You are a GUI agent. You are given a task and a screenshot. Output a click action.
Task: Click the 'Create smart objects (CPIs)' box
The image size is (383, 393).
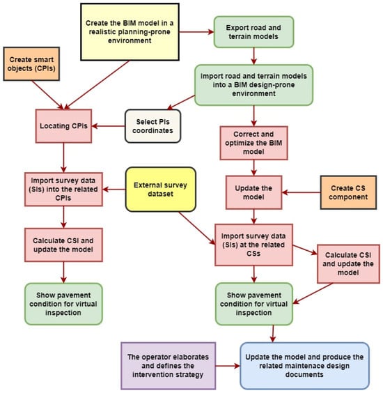click(x=31, y=64)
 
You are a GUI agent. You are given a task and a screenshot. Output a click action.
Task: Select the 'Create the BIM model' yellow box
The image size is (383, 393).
click(x=130, y=32)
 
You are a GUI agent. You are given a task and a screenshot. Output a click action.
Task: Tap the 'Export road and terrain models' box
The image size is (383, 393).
click(x=253, y=32)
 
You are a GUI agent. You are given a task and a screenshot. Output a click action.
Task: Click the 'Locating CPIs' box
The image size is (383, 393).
click(x=63, y=126)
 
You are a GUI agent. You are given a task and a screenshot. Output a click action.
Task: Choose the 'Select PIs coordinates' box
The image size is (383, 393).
click(x=153, y=126)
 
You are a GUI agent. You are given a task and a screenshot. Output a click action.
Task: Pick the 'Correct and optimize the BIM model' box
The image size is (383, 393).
click(x=253, y=143)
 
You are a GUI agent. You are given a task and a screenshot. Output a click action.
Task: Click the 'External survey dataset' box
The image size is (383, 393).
click(x=161, y=190)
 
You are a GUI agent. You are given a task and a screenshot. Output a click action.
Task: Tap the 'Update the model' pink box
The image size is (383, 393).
click(x=253, y=192)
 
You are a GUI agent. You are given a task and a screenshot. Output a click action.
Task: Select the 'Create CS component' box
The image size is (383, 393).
click(x=348, y=192)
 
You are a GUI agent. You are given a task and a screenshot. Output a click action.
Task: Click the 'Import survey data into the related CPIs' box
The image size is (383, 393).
click(x=63, y=190)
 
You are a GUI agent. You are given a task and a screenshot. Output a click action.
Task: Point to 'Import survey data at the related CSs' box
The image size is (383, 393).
click(x=253, y=245)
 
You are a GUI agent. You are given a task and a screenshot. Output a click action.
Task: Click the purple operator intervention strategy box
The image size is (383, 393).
click(x=168, y=366)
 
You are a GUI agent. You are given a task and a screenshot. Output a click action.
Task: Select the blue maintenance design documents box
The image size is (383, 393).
click(x=304, y=366)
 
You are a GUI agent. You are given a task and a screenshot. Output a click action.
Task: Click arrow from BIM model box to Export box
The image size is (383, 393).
click(x=196, y=32)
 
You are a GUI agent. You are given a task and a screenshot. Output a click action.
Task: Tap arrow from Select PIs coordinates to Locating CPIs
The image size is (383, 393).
click(x=108, y=126)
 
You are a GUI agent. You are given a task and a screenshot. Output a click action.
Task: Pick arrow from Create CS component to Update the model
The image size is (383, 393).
click(x=301, y=192)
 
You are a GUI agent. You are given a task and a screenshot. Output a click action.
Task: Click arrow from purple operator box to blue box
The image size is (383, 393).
click(x=228, y=366)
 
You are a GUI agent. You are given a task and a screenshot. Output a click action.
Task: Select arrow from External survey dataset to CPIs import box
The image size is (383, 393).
click(x=114, y=190)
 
